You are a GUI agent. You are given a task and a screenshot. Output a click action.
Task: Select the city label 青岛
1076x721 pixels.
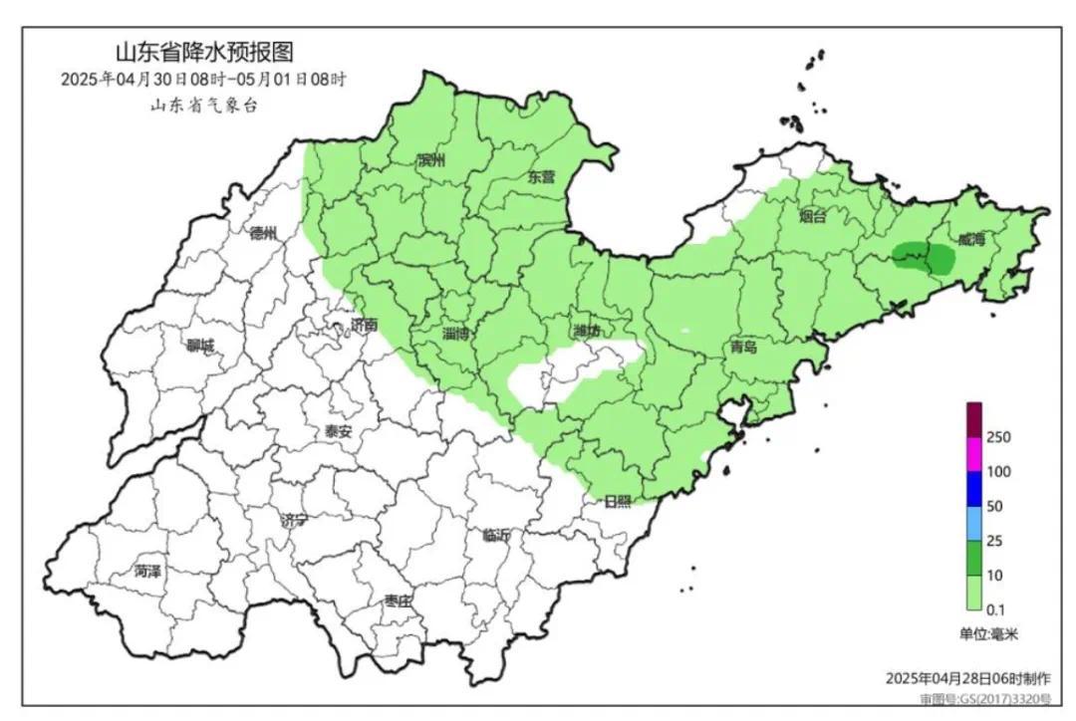coord(743,348)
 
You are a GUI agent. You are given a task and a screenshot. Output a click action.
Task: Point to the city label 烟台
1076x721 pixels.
coord(813,217)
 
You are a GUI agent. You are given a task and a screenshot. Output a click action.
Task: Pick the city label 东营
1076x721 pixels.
coord(540,177)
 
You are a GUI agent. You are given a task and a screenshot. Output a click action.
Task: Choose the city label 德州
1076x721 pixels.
coord(263,234)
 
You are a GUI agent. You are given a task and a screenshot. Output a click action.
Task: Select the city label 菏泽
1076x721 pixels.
coord(147,572)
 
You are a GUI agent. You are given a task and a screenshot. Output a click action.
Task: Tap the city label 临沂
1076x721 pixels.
coord(495,536)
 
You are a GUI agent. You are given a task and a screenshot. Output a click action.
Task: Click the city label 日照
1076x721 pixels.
coord(618,502)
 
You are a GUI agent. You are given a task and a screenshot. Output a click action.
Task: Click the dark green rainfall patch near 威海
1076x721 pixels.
coord(926,258)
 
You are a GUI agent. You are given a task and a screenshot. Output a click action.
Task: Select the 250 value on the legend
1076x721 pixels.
coord(999,436)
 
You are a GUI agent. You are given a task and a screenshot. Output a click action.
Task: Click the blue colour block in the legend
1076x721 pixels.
coord(974,488)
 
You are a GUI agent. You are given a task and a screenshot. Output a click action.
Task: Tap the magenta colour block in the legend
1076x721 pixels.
coord(974,453)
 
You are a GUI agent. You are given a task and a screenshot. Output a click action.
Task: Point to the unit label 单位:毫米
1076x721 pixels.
coord(989,633)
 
